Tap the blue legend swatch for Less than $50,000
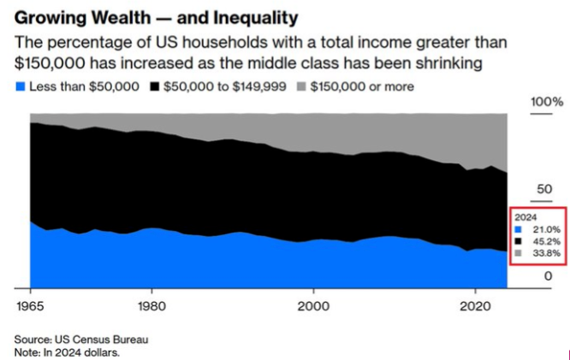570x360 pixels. click(x=21, y=87)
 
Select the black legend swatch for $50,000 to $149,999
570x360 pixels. click(x=155, y=87)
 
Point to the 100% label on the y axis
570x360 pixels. click(x=543, y=103)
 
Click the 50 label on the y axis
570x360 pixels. click(x=543, y=189)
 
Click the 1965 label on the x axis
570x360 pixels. click(x=29, y=304)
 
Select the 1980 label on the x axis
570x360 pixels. click(x=151, y=304)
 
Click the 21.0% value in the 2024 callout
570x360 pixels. click(x=545, y=229)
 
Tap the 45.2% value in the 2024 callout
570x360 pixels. click(x=545, y=241)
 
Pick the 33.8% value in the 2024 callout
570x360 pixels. click(x=545, y=253)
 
